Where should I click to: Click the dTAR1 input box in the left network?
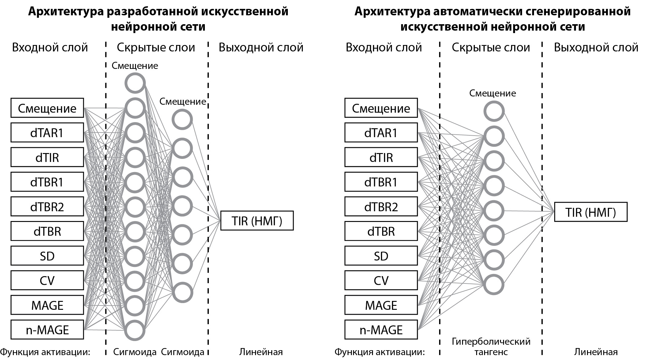click(x=47, y=133)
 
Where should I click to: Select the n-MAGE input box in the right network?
click(x=381, y=330)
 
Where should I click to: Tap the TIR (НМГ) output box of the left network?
click(x=257, y=221)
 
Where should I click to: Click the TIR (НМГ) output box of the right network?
click(x=591, y=212)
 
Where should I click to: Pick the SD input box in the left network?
click(x=47, y=256)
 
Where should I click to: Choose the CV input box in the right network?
click(x=381, y=280)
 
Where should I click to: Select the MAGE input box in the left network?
click(x=47, y=305)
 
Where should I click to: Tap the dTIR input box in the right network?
click(x=381, y=157)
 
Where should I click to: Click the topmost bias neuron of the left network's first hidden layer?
click(x=135, y=83)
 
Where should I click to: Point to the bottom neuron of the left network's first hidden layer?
click(x=135, y=330)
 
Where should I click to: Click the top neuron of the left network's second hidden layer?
click(x=182, y=119)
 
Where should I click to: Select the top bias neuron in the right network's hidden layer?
click(x=494, y=111)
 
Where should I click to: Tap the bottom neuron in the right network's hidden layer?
click(x=494, y=285)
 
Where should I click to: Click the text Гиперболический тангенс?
click(x=491, y=347)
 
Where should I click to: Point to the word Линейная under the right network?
click(x=596, y=352)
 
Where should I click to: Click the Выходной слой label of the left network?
click(x=261, y=47)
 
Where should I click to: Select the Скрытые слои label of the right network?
click(x=491, y=47)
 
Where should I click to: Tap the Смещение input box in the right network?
click(x=381, y=108)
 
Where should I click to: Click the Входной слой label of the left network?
click(x=50, y=47)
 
